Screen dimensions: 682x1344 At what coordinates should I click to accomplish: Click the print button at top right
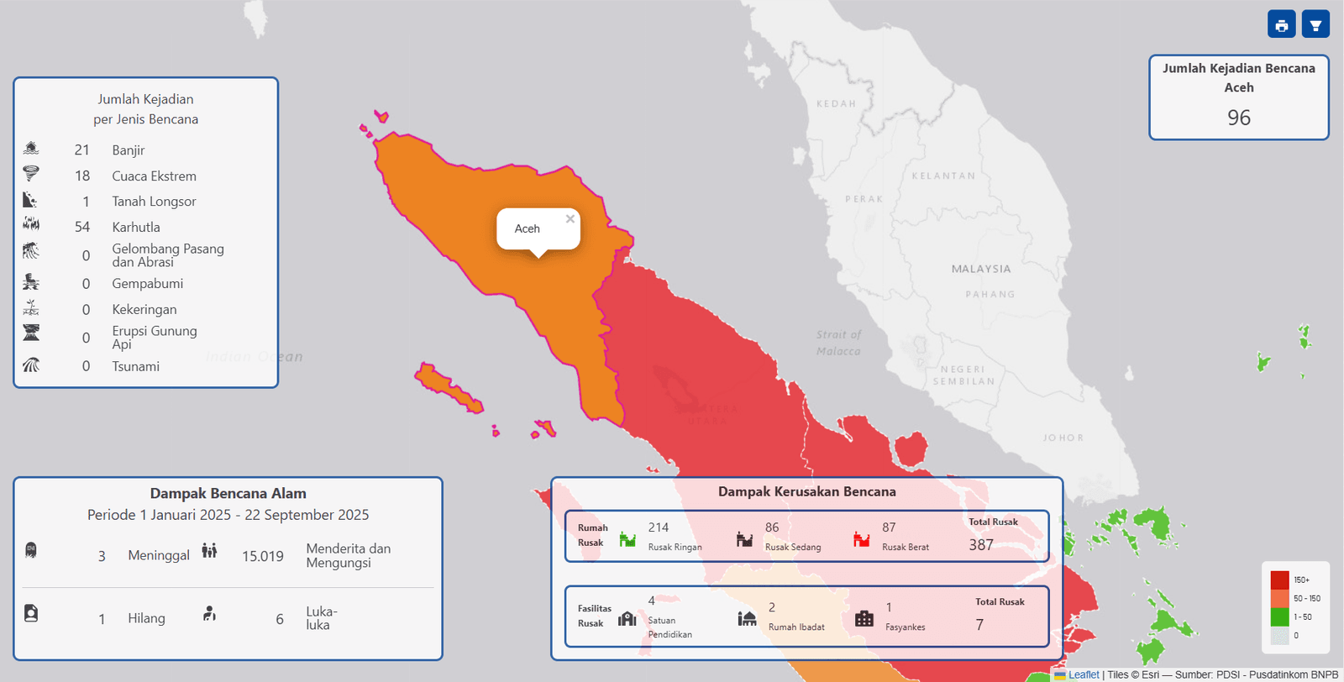[1281, 25]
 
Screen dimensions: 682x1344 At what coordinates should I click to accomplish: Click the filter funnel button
[1315, 25]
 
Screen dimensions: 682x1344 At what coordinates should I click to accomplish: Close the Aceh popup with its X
[570, 219]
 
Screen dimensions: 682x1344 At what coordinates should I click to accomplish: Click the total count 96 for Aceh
[1238, 118]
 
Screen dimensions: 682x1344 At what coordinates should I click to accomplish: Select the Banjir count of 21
[81, 150]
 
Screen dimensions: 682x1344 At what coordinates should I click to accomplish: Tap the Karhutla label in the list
[136, 228]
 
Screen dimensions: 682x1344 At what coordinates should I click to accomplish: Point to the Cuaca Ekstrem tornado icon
[31, 174]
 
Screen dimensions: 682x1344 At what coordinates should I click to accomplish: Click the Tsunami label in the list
[136, 367]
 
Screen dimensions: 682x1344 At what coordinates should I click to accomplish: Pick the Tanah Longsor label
[154, 202]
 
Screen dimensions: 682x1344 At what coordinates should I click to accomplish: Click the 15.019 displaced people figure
[263, 556]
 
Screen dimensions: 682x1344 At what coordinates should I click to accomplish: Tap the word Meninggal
[159, 555]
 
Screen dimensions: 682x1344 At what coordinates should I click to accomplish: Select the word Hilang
[146, 618]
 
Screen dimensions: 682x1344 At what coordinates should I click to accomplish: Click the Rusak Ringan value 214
[659, 527]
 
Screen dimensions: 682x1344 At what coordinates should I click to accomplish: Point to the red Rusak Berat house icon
[862, 539]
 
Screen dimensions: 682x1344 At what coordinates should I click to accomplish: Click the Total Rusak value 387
[981, 545]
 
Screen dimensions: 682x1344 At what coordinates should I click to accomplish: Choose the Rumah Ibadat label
[796, 627]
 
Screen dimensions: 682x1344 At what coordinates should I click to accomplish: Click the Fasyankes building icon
[864, 619]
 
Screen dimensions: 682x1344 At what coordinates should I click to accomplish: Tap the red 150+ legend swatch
[1279, 580]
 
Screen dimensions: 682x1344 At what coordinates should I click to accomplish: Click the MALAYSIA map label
[981, 270]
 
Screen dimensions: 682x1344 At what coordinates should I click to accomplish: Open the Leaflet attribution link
[1083, 674]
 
